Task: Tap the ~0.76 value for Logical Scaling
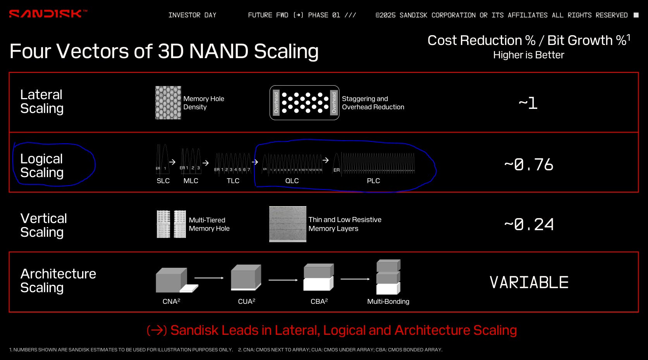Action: [x=529, y=165]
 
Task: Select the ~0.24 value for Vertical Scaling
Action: [x=529, y=224]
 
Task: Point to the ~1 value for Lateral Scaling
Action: [x=528, y=103]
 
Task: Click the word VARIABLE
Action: [x=529, y=282]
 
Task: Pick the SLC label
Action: [x=163, y=181]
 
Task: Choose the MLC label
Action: [x=191, y=181]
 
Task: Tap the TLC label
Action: [x=233, y=181]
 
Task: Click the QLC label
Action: [x=292, y=181]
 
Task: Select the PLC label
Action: [x=373, y=181]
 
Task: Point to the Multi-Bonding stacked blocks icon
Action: [x=388, y=277]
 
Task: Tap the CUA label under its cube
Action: [x=246, y=301]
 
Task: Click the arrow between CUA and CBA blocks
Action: [x=283, y=280]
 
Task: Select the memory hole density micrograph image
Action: [x=168, y=103]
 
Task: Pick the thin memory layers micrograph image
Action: [x=287, y=224]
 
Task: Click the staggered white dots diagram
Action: [x=304, y=103]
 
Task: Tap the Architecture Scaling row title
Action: [x=58, y=281]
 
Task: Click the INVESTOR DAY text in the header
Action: [x=192, y=15]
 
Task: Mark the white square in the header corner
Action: [x=636, y=15]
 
